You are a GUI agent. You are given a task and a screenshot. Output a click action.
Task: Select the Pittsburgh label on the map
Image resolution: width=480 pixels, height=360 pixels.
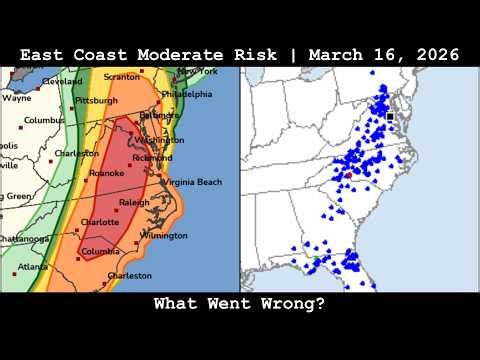pyautogui.click(x=97, y=100)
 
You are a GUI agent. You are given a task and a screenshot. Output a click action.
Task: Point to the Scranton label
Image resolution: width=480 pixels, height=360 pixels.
pyautogui.click(x=123, y=76)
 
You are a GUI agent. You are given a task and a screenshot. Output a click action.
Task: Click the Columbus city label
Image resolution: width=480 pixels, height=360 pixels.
pyautogui.click(x=44, y=120)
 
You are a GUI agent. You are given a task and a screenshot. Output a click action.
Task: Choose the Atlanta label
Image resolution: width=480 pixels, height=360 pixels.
pyautogui.click(x=32, y=267)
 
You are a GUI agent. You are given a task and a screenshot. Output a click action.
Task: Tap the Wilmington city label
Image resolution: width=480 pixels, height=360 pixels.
pyautogui.click(x=163, y=235)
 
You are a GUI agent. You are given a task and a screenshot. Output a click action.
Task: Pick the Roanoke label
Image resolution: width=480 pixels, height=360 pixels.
pyautogui.click(x=106, y=173)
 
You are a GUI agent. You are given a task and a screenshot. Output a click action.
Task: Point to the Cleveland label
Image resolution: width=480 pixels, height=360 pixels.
pyautogui.click(x=62, y=81)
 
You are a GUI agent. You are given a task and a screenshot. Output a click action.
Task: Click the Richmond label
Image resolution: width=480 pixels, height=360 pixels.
pyautogui.click(x=151, y=158)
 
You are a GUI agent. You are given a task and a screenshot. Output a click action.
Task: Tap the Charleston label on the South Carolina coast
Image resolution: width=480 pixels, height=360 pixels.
pyautogui.click(x=129, y=275)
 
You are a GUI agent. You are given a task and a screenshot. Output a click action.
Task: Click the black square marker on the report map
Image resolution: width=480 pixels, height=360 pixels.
pyautogui.click(x=390, y=117)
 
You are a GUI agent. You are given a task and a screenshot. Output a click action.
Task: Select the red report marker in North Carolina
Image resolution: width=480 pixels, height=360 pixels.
pyautogui.click(x=348, y=175)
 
